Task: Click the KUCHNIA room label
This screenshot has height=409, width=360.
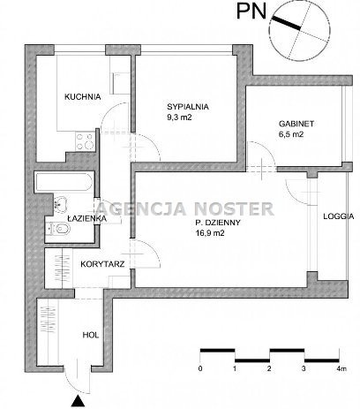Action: pos(83,96)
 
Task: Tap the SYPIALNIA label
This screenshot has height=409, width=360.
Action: pos(188,107)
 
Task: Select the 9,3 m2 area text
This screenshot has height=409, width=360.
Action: pos(179,117)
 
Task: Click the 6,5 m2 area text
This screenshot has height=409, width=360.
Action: pos(291,134)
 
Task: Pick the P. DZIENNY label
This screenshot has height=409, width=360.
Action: pos(218,223)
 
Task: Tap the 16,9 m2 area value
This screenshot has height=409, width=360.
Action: pos(210,233)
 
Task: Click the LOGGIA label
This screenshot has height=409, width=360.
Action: pos(339,216)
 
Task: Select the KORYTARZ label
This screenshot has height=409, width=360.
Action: pos(102,264)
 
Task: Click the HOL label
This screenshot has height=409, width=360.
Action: pos(91,335)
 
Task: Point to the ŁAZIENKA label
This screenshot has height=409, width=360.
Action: pos(86,219)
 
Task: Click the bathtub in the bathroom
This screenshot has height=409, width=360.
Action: pos(64,182)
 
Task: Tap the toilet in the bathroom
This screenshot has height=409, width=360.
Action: pos(58,228)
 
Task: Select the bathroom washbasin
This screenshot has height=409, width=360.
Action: pos(60,202)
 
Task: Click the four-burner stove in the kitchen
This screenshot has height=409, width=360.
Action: pos(85,141)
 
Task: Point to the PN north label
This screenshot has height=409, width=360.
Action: pos(251,11)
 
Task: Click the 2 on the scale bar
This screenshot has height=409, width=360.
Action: pos(269,368)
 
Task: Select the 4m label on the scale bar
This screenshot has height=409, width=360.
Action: pos(341,368)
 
